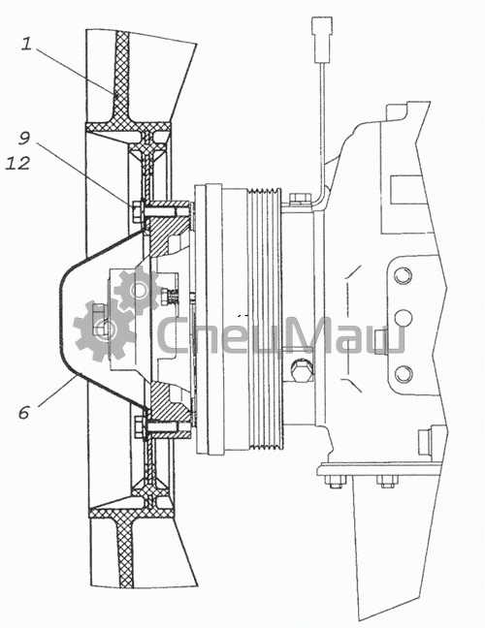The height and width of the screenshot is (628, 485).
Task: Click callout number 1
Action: (x=26, y=44)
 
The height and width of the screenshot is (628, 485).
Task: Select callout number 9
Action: (x=24, y=139)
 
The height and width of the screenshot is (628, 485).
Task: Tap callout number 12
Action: (x=17, y=164)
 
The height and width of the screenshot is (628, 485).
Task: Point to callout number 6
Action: (x=24, y=412)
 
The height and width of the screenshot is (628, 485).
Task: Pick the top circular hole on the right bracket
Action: (x=403, y=276)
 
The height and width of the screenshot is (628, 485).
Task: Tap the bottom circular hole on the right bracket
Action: (x=403, y=374)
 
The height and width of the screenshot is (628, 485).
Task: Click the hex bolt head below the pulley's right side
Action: (x=301, y=370)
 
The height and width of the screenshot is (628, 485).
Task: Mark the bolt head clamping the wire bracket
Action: (x=299, y=199)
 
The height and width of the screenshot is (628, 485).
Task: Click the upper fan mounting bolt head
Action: (x=137, y=210)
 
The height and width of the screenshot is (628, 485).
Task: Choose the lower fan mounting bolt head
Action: (x=139, y=427)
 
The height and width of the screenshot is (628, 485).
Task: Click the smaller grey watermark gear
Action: (x=138, y=291)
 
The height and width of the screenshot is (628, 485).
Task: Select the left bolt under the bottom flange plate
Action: (x=337, y=482)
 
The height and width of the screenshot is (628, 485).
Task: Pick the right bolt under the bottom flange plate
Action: (x=387, y=482)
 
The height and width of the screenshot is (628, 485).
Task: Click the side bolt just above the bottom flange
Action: (x=426, y=442)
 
